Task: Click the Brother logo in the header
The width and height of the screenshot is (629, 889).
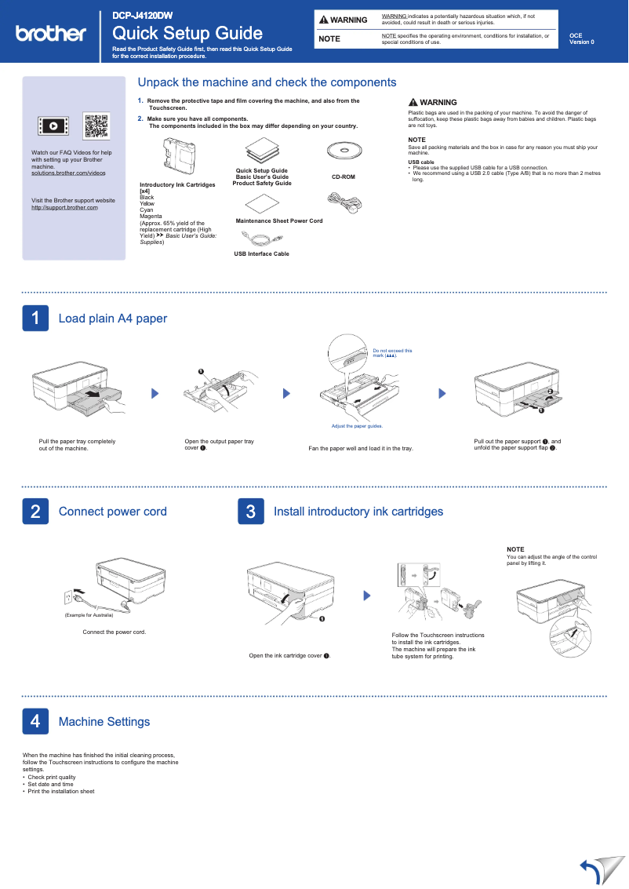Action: [51, 33]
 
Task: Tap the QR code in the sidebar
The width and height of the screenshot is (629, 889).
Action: [96, 126]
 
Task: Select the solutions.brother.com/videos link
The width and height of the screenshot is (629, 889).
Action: [68, 172]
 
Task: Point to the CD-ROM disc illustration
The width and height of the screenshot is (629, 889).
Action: [343, 151]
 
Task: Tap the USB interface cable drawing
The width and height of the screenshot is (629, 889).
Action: [261, 237]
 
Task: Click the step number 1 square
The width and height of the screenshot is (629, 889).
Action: [35, 318]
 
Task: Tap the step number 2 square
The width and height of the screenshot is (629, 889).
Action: [35, 512]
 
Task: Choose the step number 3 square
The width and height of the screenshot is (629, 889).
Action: [250, 512]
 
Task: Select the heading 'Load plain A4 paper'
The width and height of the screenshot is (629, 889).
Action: [112, 318]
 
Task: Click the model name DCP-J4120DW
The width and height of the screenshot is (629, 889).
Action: [142, 16]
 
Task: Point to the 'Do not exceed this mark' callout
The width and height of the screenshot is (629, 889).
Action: [391, 353]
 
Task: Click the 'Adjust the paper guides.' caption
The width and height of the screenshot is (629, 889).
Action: [357, 426]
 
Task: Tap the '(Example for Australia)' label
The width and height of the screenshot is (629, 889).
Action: [89, 614]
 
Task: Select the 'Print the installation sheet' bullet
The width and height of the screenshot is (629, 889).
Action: [60, 791]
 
